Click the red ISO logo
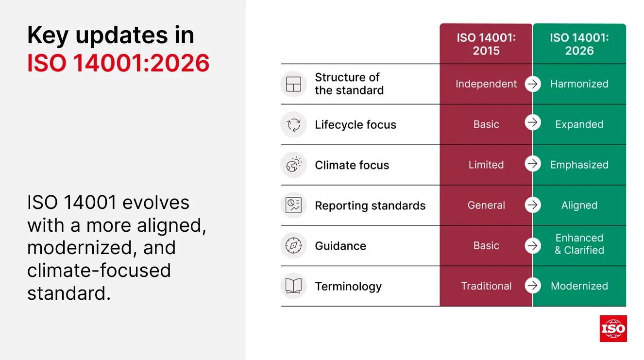pyautogui.click(x=613, y=328)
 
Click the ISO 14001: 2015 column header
pyautogui.click(x=486, y=44)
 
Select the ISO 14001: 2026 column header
pyautogui.click(x=579, y=44)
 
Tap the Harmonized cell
pyautogui.click(x=579, y=84)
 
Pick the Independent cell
pyautogui.click(x=486, y=84)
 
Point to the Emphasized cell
pyautogui.click(x=579, y=165)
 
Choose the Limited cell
pyautogui.click(x=486, y=165)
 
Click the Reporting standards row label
pyautogui.click(x=370, y=206)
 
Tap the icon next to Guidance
pyautogui.click(x=294, y=246)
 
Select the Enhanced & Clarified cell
pyautogui.click(x=579, y=244)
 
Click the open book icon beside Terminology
pyautogui.click(x=294, y=286)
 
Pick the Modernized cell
pyautogui.click(x=579, y=286)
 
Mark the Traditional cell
pyautogui.click(x=486, y=286)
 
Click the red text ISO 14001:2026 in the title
pyautogui.click(x=118, y=63)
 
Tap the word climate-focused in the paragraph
pyautogui.click(x=99, y=271)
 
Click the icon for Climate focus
pyautogui.click(x=294, y=165)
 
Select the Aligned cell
pyautogui.click(x=579, y=206)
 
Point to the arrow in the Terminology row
pyautogui.click(x=533, y=286)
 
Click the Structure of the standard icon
pyautogui.click(x=294, y=84)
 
